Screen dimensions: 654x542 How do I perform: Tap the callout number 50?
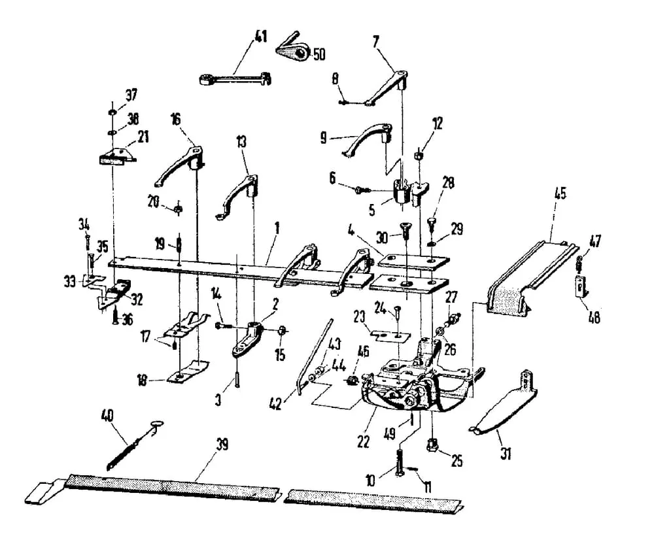319,54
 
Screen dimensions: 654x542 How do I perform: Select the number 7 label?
376,41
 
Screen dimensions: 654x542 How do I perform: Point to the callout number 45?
560,194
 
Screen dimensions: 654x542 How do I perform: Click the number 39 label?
222,445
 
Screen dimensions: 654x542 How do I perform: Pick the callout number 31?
506,453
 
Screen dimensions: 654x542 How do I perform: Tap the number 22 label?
363,441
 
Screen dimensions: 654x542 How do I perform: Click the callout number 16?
175,119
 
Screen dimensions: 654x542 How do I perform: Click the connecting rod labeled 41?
235,78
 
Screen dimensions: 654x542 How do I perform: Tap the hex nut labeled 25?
432,446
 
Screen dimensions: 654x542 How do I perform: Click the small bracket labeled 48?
581,286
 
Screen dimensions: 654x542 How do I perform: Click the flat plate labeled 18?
188,371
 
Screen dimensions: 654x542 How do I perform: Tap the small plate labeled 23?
391,335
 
